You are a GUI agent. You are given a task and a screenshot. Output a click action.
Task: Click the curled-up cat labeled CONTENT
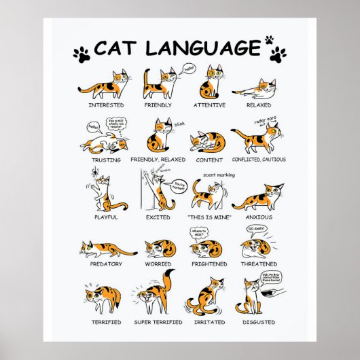tap(205, 141)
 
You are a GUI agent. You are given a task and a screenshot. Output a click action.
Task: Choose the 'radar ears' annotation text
tap(267, 120)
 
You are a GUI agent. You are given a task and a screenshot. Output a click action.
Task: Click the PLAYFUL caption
tap(105, 217)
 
